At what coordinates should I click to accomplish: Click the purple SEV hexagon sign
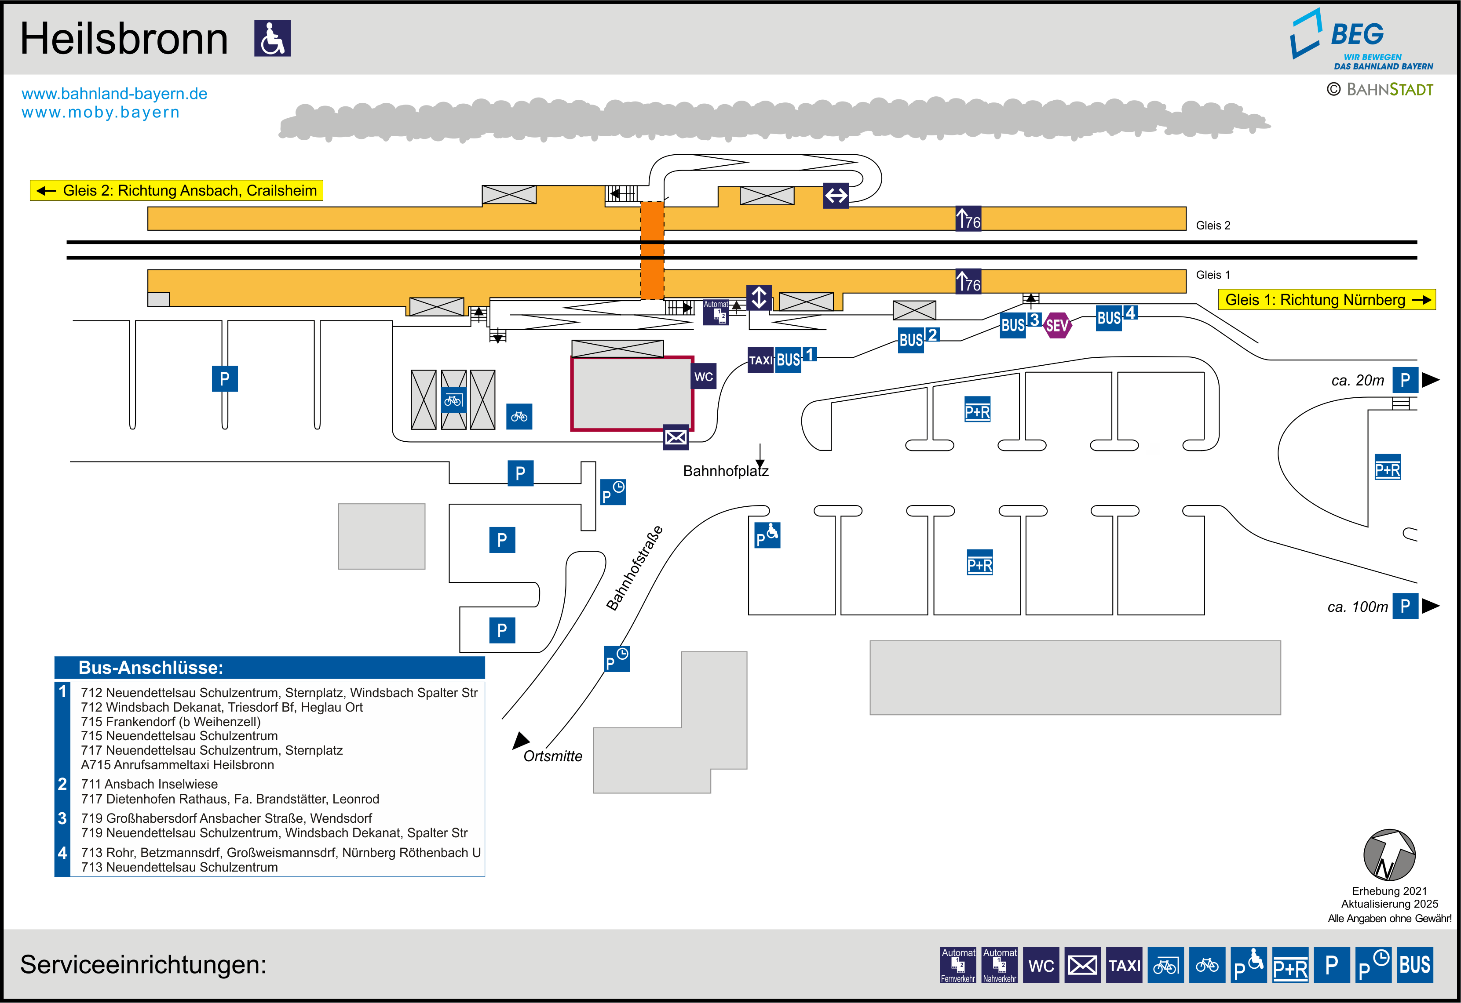(x=1057, y=326)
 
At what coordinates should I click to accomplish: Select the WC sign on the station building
(x=704, y=376)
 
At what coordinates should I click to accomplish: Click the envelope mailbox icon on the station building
(x=676, y=437)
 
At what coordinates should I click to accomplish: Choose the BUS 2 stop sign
(x=918, y=339)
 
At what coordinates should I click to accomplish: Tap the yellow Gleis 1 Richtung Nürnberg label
(x=1326, y=300)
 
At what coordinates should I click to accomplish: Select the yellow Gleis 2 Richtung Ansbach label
(x=177, y=190)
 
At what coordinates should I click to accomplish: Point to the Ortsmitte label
(x=552, y=756)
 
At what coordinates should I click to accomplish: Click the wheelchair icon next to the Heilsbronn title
(x=272, y=38)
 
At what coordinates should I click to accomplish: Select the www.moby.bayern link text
(x=101, y=113)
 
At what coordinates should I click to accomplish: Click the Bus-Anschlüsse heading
(x=151, y=667)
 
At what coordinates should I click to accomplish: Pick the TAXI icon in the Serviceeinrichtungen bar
(x=1124, y=965)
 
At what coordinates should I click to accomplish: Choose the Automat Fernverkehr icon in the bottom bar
(x=957, y=965)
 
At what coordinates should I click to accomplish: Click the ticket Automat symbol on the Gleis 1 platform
(x=716, y=313)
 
